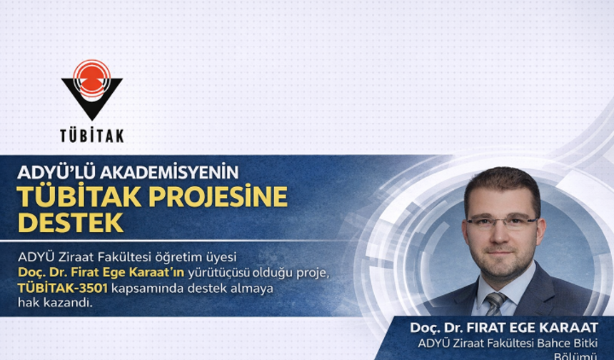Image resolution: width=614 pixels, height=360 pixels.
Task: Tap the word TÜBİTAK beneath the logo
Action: [x=91, y=135]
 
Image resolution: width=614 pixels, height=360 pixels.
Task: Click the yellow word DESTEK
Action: [x=71, y=222]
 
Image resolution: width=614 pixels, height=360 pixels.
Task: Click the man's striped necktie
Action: [x=495, y=303]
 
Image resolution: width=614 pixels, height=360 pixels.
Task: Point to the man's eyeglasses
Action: [x=503, y=222]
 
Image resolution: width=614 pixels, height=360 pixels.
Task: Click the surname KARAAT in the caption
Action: [x=570, y=328]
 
